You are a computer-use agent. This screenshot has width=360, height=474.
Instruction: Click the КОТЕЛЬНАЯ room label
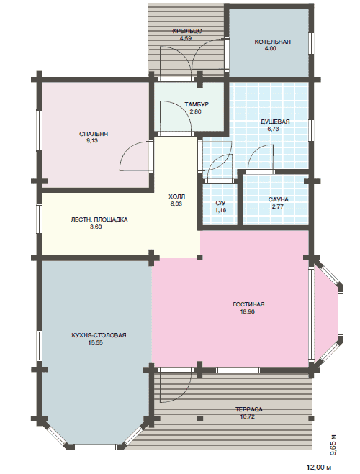[272, 42]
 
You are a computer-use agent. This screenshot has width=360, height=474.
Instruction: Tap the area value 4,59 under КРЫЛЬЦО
[186, 38]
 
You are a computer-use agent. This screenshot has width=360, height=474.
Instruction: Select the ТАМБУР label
[197, 104]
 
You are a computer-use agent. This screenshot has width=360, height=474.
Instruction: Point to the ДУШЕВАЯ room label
[275, 122]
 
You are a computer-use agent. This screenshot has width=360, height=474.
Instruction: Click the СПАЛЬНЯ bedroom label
[94, 134]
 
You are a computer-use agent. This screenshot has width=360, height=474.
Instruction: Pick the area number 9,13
[92, 140]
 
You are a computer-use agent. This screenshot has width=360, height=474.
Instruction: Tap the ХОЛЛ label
[176, 197]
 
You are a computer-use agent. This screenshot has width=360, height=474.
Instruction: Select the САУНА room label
[279, 199]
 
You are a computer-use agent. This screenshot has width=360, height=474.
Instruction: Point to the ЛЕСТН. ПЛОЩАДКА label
[99, 219]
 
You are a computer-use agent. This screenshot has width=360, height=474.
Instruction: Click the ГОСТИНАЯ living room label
[248, 304]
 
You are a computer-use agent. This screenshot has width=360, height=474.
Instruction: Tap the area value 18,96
[247, 311]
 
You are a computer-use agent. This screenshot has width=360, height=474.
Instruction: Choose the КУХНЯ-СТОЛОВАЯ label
[99, 335]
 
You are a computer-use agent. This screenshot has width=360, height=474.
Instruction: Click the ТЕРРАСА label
[249, 409]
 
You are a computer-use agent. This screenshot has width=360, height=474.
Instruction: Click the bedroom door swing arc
[127, 154]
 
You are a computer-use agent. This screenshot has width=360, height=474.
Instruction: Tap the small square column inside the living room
[199, 257]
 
